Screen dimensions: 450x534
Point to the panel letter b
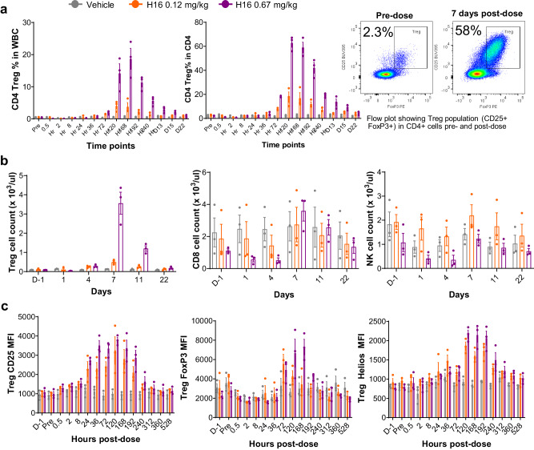point(6,161)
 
